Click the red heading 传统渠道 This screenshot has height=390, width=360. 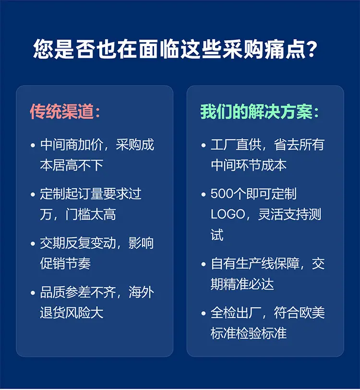[x=62, y=111]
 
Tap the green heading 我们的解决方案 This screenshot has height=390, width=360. [x=257, y=111]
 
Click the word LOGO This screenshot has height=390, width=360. [x=228, y=214]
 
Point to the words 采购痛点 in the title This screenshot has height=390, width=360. [x=264, y=49]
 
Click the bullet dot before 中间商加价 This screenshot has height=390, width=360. [x=33, y=145]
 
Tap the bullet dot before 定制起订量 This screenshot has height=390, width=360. [x=33, y=194]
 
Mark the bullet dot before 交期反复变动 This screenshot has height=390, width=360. [x=33, y=244]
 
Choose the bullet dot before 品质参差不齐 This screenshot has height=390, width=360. [x=33, y=293]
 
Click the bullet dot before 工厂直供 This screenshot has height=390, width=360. [x=204, y=145]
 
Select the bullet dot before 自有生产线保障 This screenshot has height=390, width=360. [x=204, y=264]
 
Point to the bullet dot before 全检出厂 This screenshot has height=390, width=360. [x=204, y=313]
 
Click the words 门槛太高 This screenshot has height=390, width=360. [x=91, y=214]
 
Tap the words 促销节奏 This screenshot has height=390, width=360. [x=65, y=264]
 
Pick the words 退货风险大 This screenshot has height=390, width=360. [x=72, y=313]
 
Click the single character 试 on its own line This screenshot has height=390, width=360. [x=217, y=235]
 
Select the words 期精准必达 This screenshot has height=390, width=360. [x=242, y=284]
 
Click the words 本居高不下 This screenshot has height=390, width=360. [x=72, y=165]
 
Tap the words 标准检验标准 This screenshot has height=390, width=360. [x=249, y=333]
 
